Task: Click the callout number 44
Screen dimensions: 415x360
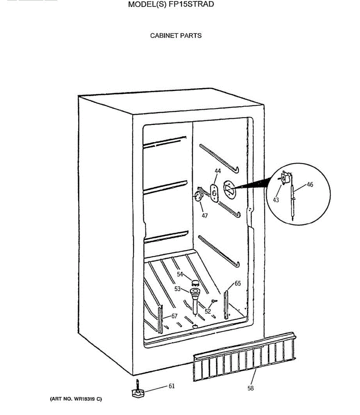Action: [218, 171]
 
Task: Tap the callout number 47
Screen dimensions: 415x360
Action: [205, 216]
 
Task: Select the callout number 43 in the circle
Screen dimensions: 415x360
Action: [276, 200]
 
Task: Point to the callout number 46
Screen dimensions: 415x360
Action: [310, 185]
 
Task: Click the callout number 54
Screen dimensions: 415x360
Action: [180, 274]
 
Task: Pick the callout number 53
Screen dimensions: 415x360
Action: [178, 289]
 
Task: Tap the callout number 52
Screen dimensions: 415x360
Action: [208, 311]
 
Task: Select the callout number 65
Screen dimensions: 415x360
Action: [238, 284]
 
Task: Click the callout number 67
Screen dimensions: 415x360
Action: [174, 316]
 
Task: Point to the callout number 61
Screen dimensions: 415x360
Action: [171, 386]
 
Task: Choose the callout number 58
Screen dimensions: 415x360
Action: [250, 388]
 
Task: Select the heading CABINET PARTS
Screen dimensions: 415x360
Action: [176, 36]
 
